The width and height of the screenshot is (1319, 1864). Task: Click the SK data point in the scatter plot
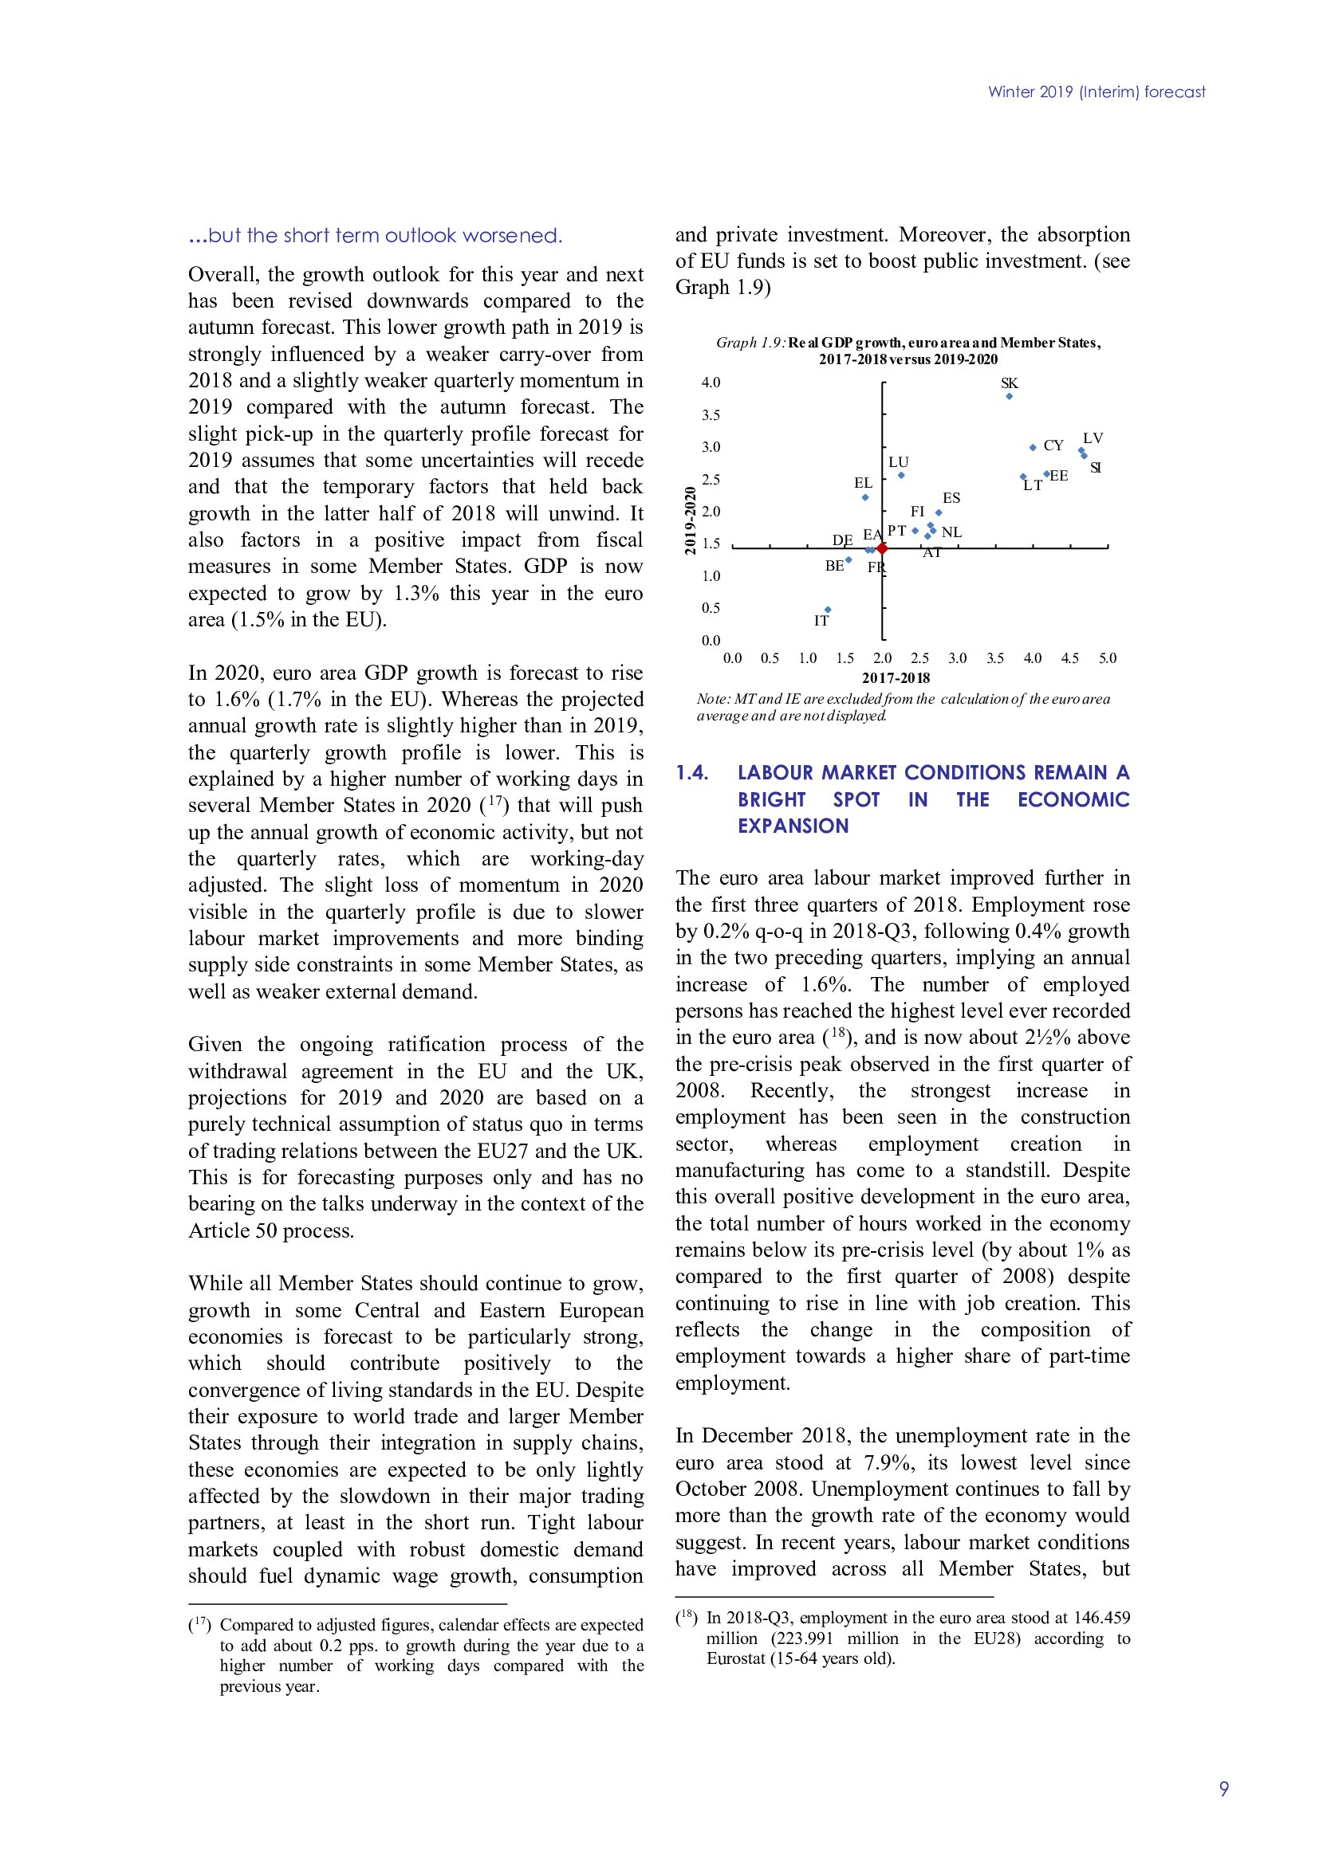1009,396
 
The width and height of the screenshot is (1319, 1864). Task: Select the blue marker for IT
828,609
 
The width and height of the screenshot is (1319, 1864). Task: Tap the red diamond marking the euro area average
882,549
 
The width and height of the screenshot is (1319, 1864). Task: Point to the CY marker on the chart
1032,447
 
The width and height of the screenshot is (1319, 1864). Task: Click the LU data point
900,475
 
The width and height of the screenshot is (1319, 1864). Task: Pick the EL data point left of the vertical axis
865,496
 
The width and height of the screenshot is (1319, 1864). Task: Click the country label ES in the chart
951,497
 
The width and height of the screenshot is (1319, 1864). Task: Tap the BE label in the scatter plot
834,566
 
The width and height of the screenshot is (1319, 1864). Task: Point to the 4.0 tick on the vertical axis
711,383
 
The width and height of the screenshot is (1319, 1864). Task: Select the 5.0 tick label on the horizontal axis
1107,657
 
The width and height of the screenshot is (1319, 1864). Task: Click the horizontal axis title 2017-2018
896,678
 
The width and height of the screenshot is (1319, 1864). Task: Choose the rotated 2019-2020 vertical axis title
691,520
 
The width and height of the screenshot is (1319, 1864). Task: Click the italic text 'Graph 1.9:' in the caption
750,343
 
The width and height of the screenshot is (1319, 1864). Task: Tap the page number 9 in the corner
1224,1788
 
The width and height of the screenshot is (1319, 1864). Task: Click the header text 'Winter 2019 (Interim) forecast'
1097,92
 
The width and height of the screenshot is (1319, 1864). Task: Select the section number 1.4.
692,772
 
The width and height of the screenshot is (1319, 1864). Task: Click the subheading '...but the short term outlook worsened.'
376,235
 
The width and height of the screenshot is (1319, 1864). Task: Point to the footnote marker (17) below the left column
200,1624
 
